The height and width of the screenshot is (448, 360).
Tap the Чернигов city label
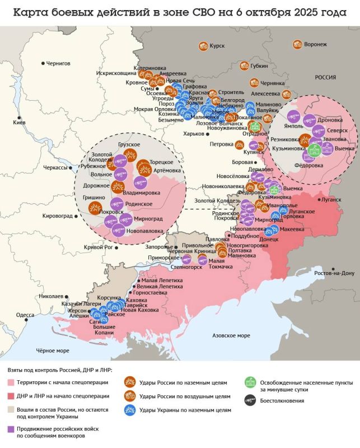pos(58,63)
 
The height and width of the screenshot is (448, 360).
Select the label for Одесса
pos(25,315)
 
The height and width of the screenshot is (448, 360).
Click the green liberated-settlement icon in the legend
pos(250,384)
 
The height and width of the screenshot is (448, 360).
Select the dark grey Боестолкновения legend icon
pos(250,400)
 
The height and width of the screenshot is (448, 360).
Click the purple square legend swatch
pos(11,429)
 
